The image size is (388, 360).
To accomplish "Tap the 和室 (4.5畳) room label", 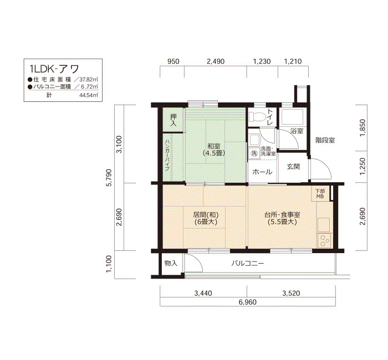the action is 214,150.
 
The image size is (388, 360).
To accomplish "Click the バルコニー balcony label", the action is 247,263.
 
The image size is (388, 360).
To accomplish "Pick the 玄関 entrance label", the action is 293,167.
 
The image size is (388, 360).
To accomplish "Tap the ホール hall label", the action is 262,172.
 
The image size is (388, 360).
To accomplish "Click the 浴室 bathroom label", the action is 297,131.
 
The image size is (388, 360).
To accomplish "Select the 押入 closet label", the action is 173,120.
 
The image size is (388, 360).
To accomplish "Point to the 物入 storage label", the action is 171,263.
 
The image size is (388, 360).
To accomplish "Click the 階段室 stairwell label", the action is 325,141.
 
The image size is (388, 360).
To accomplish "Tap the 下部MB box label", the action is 320,194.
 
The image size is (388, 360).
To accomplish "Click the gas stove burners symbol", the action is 324,240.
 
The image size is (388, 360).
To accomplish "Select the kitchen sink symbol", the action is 324,224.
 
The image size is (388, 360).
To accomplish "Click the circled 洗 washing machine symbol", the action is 254,153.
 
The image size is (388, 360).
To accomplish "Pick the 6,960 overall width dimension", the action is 247,302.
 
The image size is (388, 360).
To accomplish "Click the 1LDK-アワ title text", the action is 54,69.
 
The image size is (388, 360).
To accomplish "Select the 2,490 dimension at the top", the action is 216,61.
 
